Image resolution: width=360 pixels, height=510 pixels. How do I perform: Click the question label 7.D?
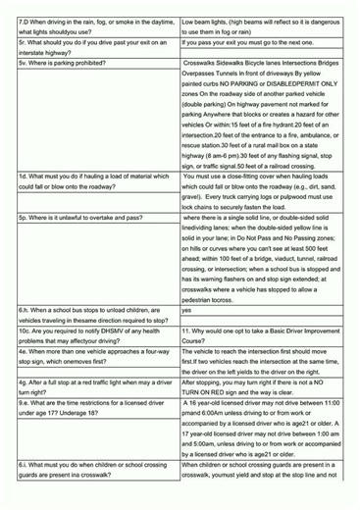[25, 21]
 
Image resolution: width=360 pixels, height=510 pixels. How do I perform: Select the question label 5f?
[24, 45]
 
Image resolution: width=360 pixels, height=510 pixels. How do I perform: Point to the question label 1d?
[25, 203]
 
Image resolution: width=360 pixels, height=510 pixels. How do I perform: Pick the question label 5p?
[25, 241]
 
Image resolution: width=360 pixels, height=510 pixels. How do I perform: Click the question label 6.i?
[25, 490]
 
